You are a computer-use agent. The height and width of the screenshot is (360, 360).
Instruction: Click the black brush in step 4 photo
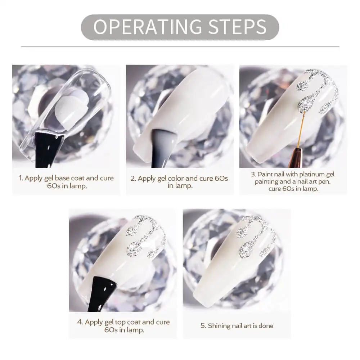point(102,293)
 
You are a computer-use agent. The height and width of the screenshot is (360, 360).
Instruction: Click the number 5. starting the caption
point(203,326)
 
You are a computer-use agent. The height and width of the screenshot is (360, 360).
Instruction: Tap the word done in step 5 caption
point(266,326)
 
